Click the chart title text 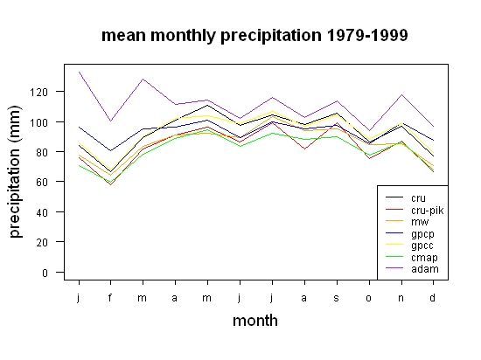point(254,36)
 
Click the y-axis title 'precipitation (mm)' point(16,171)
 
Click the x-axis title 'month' point(255,321)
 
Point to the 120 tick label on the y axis point(39,92)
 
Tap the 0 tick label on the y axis point(45,273)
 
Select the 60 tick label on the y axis point(42,182)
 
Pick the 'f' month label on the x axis point(110,297)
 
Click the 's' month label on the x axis point(336,298)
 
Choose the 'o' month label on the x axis point(369,298)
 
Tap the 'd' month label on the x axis point(432,297)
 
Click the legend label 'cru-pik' point(428,211)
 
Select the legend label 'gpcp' point(422,234)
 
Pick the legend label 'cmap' point(424,258)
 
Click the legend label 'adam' point(425,269)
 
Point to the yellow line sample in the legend point(394,244)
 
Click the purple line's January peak point(79,72)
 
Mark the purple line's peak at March point(143,79)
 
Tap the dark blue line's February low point point(110,150)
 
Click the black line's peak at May point(207,105)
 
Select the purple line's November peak point(401,94)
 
